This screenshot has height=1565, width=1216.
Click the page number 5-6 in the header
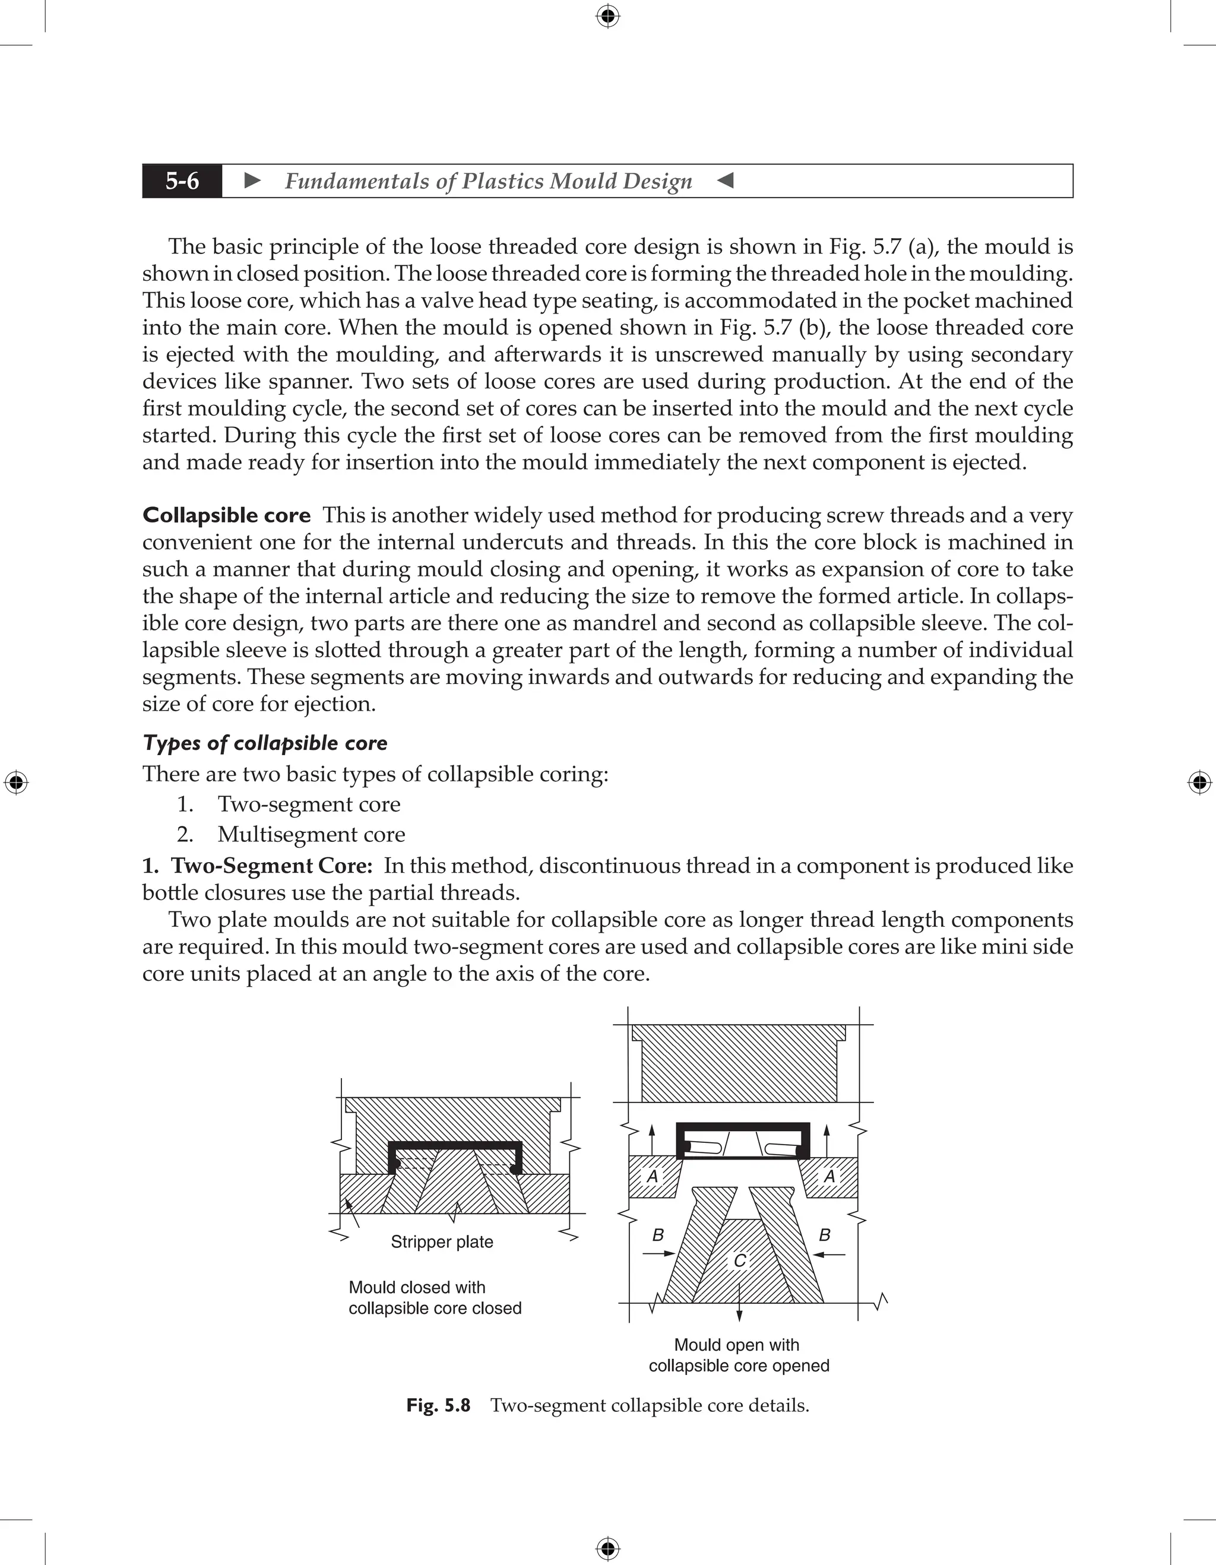point(182,181)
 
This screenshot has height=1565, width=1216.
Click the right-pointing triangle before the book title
point(252,180)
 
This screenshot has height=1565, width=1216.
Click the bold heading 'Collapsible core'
point(226,515)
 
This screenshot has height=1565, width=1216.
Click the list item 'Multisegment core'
point(311,834)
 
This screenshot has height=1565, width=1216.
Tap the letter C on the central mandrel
point(739,1260)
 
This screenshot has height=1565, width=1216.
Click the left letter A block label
point(652,1176)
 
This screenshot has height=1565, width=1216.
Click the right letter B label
point(824,1235)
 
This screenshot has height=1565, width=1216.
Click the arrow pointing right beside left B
point(658,1254)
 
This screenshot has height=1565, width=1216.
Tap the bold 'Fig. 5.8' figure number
point(438,1405)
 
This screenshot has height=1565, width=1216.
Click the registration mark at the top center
point(607,16)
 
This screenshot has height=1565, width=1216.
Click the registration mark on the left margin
point(16,782)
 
